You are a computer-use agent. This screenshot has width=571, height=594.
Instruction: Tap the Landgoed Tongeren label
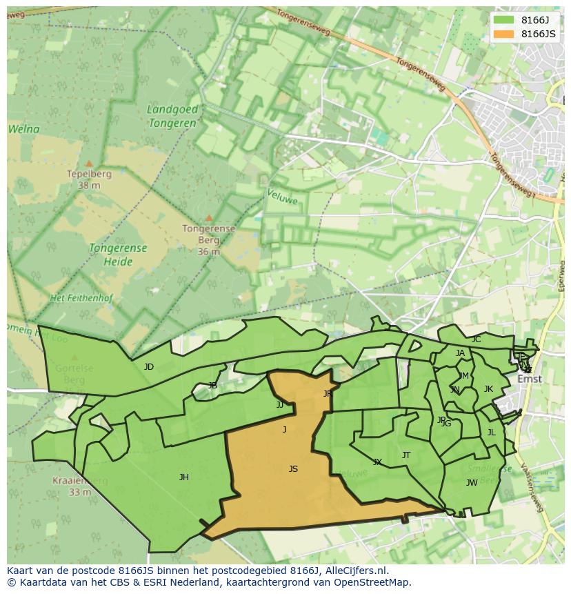pyautogui.click(x=172, y=116)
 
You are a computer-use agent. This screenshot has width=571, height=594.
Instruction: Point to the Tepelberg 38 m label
pyautogui.click(x=84, y=179)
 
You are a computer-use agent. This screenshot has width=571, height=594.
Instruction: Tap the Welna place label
pyautogui.click(x=23, y=129)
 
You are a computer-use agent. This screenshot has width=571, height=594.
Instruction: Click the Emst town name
pyautogui.click(x=530, y=379)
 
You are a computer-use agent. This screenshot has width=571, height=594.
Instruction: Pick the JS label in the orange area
pyautogui.click(x=293, y=469)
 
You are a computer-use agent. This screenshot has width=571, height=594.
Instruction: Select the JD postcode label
pyautogui.click(x=149, y=367)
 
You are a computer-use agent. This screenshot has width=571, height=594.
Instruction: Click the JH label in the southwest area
pyautogui.click(x=184, y=477)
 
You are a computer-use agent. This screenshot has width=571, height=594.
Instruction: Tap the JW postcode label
pyautogui.click(x=472, y=482)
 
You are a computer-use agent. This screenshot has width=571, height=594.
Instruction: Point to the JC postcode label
pyautogui.click(x=476, y=339)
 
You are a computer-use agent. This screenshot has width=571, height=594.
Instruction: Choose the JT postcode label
pyautogui.click(x=406, y=455)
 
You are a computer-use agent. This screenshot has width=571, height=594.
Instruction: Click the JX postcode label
pyautogui.click(x=377, y=462)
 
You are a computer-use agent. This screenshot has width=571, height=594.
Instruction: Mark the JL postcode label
pyautogui.click(x=491, y=433)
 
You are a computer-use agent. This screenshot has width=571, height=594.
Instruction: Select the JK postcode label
pyautogui.click(x=488, y=389)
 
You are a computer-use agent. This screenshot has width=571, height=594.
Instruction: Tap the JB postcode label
pyautogui.click(x=212, y=386)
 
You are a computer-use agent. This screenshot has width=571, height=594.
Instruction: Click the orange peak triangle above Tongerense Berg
pyautogui.click(x=208, y=218)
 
